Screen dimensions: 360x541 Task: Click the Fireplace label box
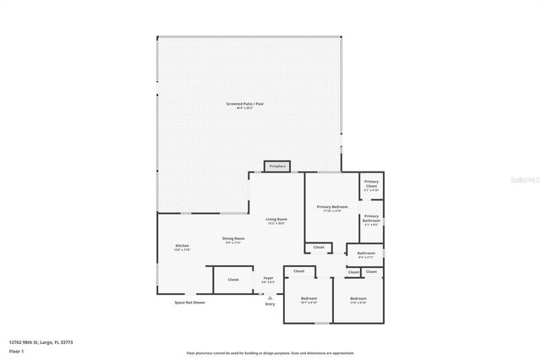tap(277, 166)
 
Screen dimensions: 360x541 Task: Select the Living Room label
tap(276, 221)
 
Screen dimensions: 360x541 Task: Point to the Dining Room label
tap(233, 240)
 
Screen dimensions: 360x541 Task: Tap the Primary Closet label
tap(371, 184)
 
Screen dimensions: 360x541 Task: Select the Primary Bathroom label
tap(372, 221)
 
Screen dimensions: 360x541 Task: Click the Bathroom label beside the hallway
tap(366, 254)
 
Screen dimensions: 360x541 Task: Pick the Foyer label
tap(268, 279)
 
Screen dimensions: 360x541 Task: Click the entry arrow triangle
tap(270, 297)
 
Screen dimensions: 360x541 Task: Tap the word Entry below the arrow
tap(270, 303)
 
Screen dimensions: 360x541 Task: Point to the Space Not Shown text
tap(189, 302)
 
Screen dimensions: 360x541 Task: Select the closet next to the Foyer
tap(233, 279)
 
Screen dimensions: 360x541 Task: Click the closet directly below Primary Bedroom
tap(318, 248)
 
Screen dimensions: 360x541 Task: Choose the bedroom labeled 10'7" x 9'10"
tap(309, 300)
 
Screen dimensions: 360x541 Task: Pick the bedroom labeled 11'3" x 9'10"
tap(358, 300)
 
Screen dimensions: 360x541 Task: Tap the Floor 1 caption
tap(17, 350)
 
